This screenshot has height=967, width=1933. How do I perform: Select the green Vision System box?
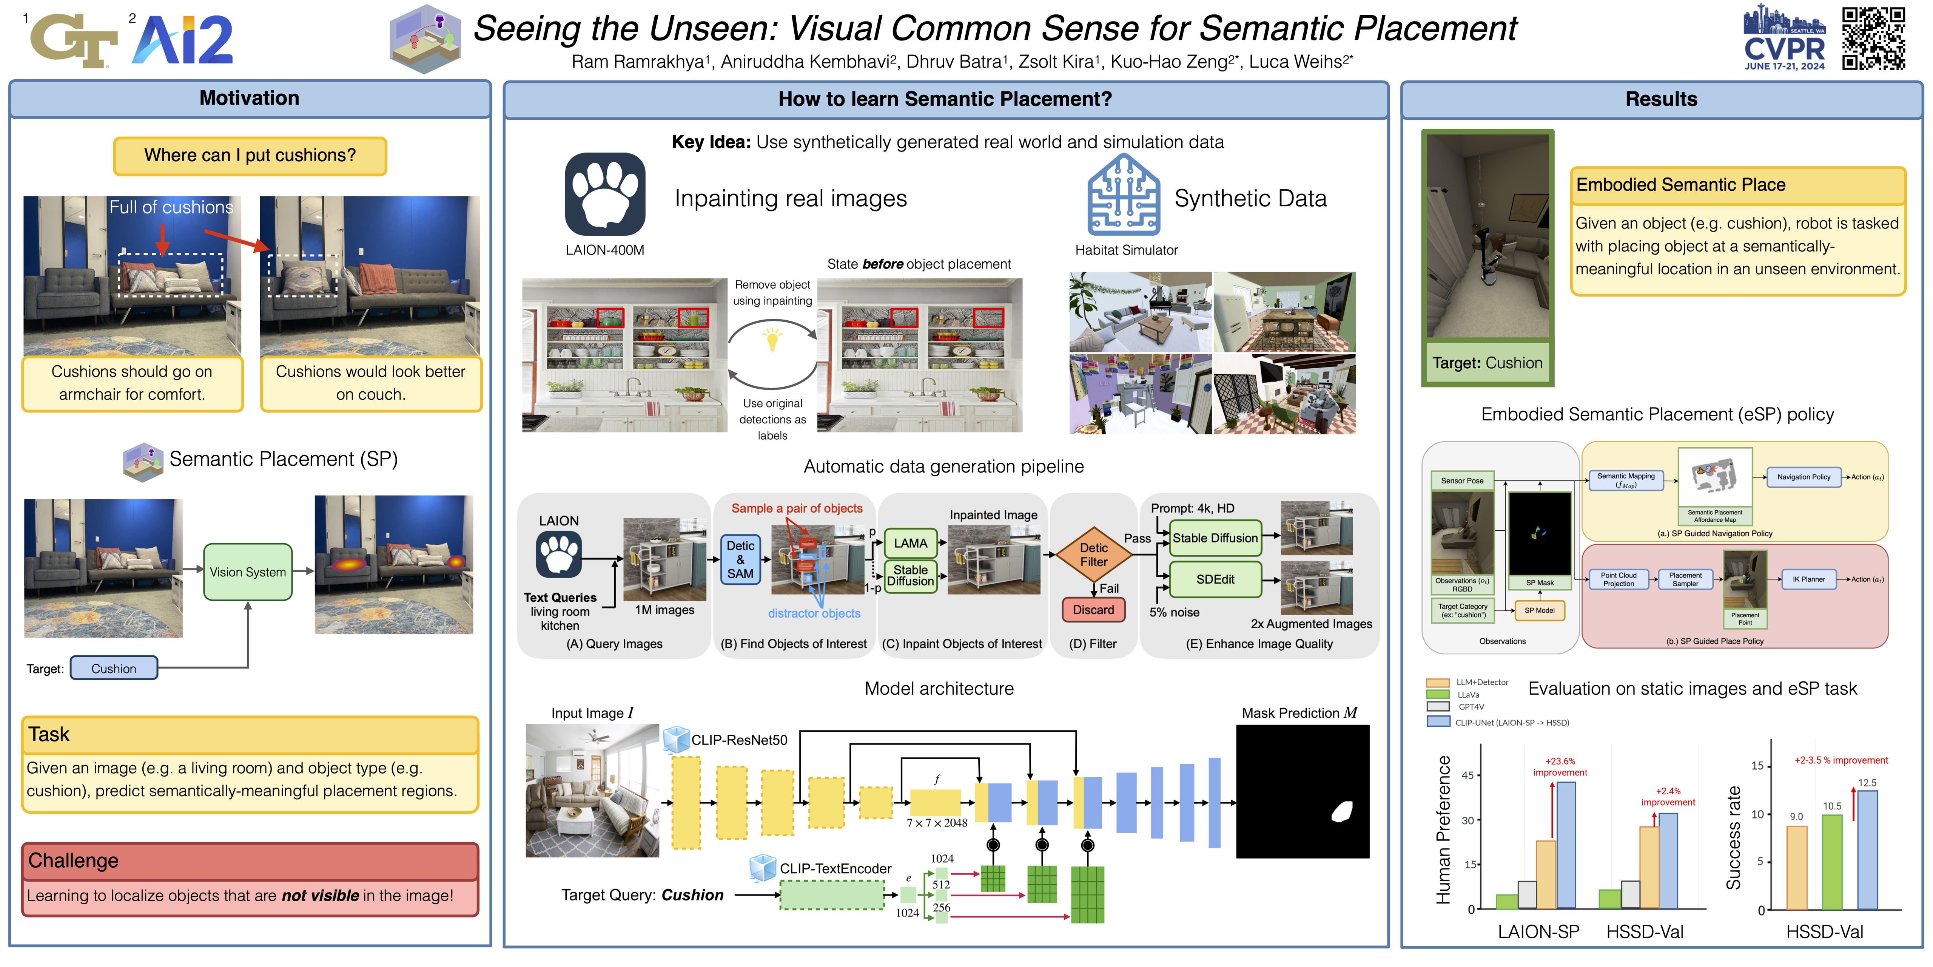pos(248,572)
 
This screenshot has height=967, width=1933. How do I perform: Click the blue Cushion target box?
pos(114,668)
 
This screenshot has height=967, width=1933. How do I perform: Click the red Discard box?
pos(1093,610)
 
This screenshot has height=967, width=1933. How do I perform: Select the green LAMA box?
pos(910,543)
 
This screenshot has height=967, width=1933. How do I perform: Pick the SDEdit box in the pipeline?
pos(1215,579)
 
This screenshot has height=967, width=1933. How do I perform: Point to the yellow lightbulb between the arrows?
pos(772,338)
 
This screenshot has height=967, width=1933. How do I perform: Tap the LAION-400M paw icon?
pos(605,195)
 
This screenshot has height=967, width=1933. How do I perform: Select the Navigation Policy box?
pos(1803,477)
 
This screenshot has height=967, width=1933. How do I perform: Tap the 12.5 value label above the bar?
pos(1867,782)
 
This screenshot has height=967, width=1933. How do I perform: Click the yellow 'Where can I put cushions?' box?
pos(250,155)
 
